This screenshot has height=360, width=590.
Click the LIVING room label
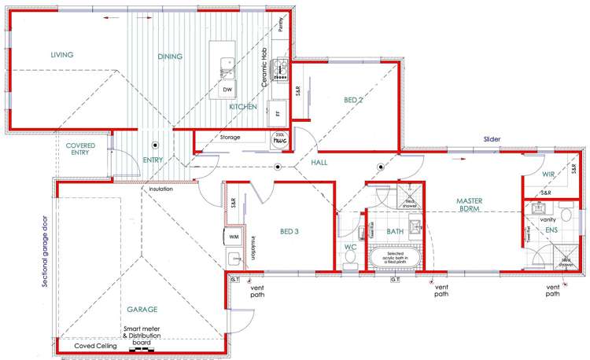(62, 55)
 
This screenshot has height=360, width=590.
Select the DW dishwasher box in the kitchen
(227, 90)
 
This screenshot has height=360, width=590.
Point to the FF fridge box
(278, 113)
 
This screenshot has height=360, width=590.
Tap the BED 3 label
(290, 232)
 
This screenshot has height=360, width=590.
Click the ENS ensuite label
(550, 230)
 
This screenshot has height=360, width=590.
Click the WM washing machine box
(234, 236)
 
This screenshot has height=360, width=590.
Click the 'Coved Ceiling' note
(95, 346)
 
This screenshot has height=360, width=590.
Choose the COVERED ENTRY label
(81, 149)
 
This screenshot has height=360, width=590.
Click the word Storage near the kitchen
(230, 138)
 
